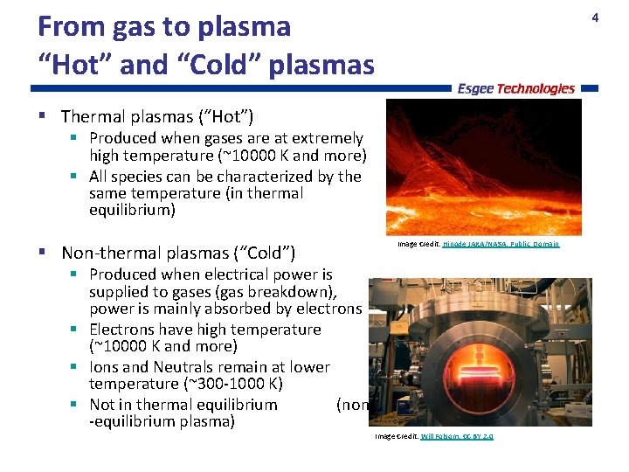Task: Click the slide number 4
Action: pyautogui.click(x=595, y=17)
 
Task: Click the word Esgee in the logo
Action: pyautogui.click(x=476, y=88)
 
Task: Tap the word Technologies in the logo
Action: pyautogui.click(x=536, y=88)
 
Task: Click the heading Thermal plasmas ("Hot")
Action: pyautogui.click(x=157, y=116)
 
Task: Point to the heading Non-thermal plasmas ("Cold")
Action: pyautogui.click(x=178, y=253)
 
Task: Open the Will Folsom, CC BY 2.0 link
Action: pyautogui.click(x=456, y=435)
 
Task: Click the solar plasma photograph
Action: pyautogui.click(x=483, y=166)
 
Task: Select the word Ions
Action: pyautogui.click(x=107, y=367)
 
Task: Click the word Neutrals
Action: pyautogui.click(x=193, y=367)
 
